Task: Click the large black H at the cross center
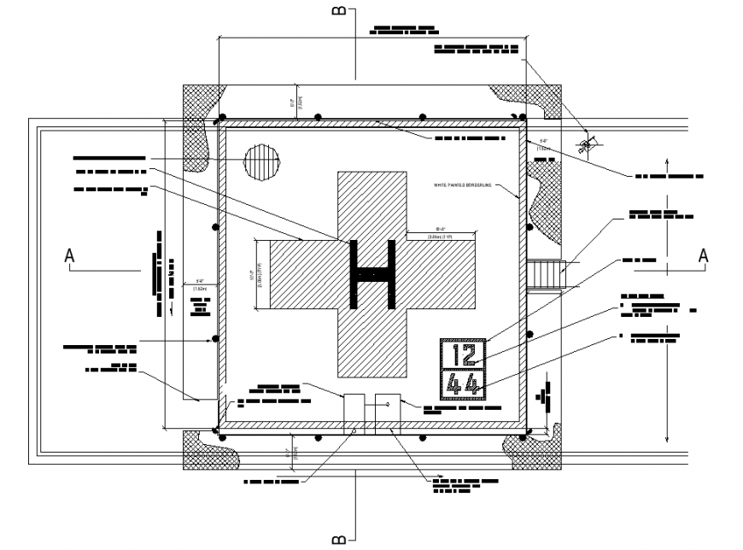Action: (x=372, y=274)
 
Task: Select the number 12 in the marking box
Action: (x=463, y=354)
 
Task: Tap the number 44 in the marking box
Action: (x=463, y=385)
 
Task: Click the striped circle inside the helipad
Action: (x=261, y=161)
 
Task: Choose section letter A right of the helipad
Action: (x=703, y=255)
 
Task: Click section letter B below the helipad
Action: (x=339, y=538)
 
